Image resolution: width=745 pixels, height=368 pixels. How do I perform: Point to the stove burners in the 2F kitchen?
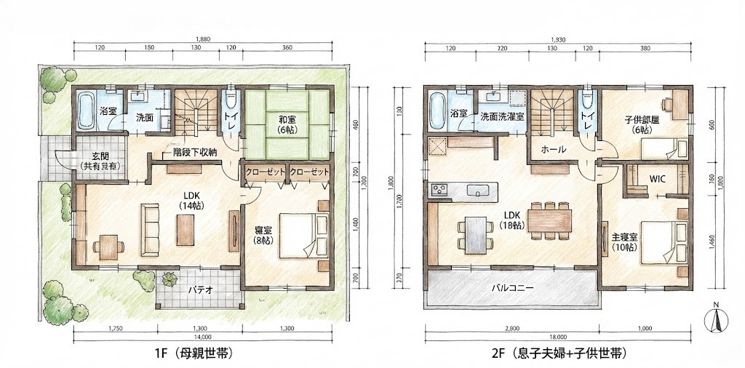click(439, 191)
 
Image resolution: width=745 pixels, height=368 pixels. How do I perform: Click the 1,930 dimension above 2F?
click(558, 39)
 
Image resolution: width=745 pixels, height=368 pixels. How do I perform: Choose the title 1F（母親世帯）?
click(194, 354)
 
